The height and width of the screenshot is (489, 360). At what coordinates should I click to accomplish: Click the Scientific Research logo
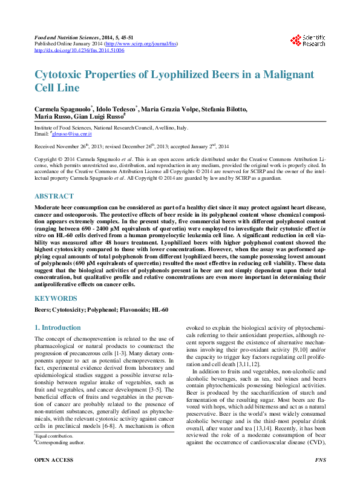coord(308,41)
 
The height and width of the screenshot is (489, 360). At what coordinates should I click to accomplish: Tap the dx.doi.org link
coord(79,50)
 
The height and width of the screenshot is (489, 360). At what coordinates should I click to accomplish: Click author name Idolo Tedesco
coord(117,108)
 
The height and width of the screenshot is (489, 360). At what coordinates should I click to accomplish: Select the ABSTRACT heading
coord(54,196)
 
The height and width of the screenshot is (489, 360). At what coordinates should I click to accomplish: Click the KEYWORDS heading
coord(56,298)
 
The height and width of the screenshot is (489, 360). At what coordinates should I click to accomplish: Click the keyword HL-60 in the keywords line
coord(159,310)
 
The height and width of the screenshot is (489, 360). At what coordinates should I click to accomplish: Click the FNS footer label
coord(321,477)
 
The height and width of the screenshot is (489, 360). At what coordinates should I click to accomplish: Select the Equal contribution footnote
coord(55,453)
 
